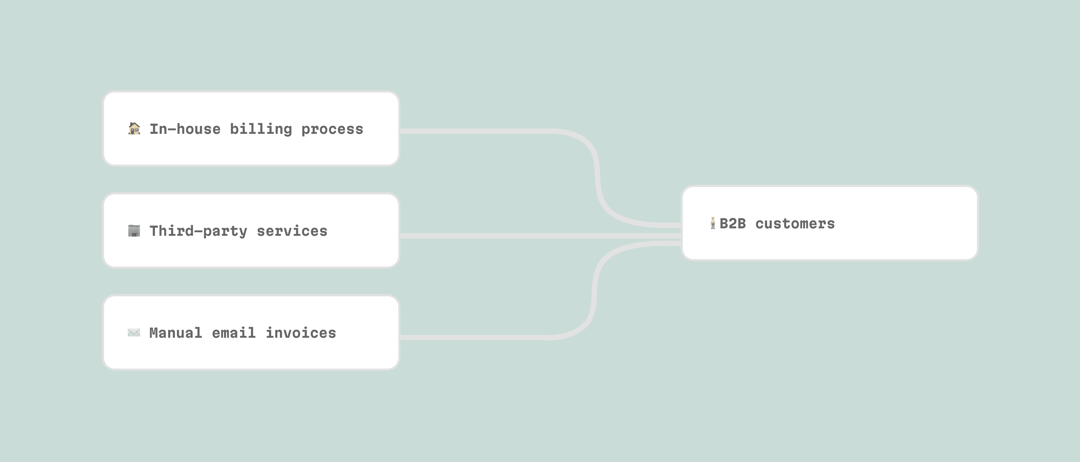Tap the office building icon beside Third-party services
[x=134, y=230]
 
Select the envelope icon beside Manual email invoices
[x=134, y=332]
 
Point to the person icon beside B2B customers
[x=713, y=223]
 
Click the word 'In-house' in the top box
[x=185, y=129]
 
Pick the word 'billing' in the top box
[x=261, y=129]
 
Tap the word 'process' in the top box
[x=332, y=129]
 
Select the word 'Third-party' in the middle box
[x=198, y=231]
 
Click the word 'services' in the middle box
[x=292, y=231]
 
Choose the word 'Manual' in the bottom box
[x=176, y=333]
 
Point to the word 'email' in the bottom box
[x=234, y=333]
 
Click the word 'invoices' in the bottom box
[x=301, y=333]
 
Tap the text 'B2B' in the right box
[x=732, y=223]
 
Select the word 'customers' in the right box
[x=795, y=223]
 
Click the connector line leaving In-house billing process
[x=474, y=131]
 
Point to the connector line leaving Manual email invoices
[x=474, y=337]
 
